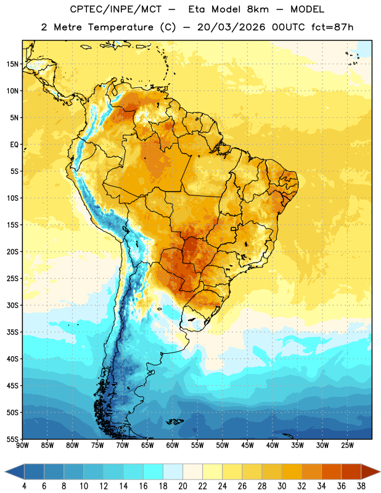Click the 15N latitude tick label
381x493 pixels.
(12, 64)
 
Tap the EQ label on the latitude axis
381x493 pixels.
(14, 145)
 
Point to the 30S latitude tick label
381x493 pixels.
(12, 306)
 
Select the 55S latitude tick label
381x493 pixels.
(12, 439)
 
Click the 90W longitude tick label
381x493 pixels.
(23, 445)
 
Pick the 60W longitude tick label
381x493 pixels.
(173, 445)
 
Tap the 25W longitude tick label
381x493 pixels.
(348, 445)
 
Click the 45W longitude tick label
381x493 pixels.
(248, 445)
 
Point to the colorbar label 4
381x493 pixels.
(24, 486)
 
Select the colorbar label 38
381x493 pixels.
(361, 486)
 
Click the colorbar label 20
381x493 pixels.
(182, 486)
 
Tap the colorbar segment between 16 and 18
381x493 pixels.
(153, 471)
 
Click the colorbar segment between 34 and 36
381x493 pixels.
(331, 471)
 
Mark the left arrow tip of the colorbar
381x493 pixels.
(5, 471)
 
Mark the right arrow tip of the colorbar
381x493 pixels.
(380, 471)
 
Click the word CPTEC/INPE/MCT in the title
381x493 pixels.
(116, 9)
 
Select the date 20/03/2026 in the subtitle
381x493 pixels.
(231, 27)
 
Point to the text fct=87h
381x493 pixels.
(332, 27)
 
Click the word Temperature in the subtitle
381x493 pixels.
(121, 27)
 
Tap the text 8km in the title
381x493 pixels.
(258, 9)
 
